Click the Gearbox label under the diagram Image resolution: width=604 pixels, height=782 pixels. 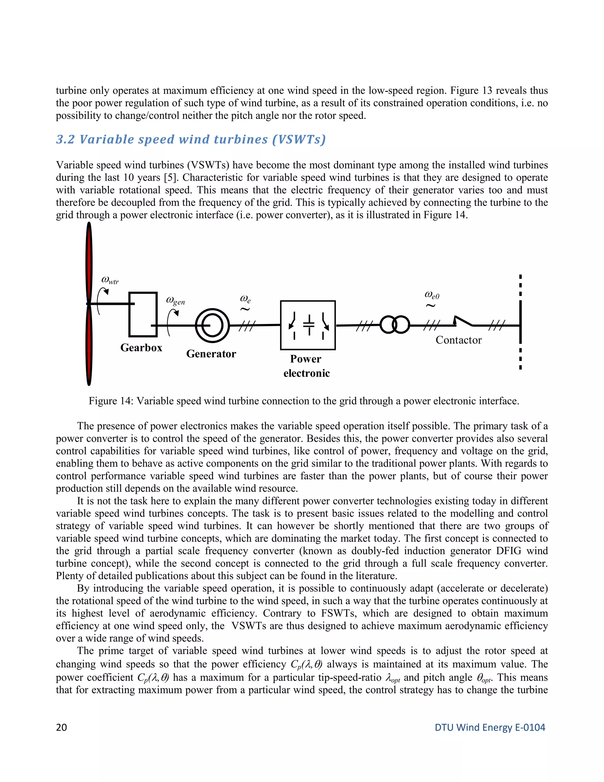pyautogui.click(x=141, y=348)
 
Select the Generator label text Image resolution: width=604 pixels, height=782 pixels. pyautogui.click(x=211, y=354)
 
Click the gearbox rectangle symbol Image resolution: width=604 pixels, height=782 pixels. pyautogui.click(x=143, y=314)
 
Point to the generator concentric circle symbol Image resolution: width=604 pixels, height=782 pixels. pyautogui.click(x=212, y=325)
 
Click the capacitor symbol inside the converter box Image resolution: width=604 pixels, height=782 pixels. pyautogui.click(x=308, y=324)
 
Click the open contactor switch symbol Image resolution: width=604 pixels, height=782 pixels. pyautogui.click(x=463, y=321)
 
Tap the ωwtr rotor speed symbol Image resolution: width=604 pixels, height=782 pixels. pyautogui.click(x=110, y=280)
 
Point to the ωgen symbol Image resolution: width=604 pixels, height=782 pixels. pyautogui.click(x=175, y=301)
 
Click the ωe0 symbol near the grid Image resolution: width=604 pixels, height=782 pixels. pyautogui.click(x=431, y=295)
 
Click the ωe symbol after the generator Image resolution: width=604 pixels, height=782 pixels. pyautogui.click(x=245, y=299)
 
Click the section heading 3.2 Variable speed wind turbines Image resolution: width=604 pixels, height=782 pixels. pyautogui.click(x=191, y=139)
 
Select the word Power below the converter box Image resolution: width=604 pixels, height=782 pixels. pyautogui.click(x=306, y=359)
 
